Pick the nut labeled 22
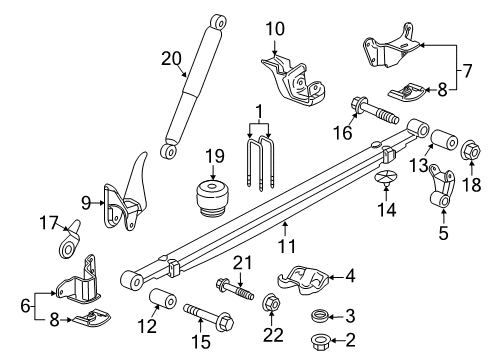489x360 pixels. tap(270, 304)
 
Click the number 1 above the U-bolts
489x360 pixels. tap(260, 111)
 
